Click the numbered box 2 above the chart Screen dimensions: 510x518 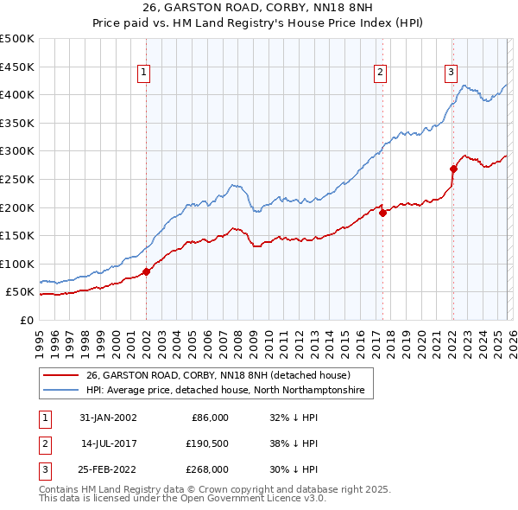(x=381, y=73)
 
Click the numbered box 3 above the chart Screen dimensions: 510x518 (x=452, y=73)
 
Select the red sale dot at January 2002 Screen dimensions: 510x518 (x=147, y=271)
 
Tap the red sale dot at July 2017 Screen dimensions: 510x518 (x=382, y=213)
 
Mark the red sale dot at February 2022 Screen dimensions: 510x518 (x=453, y=169)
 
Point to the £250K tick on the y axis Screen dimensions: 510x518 (x=18, y=179)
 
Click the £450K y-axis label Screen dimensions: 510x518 (x=18, y=67)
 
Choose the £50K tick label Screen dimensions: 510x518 (x=21, y=292)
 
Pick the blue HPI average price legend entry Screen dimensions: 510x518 (x=224, y=391)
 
